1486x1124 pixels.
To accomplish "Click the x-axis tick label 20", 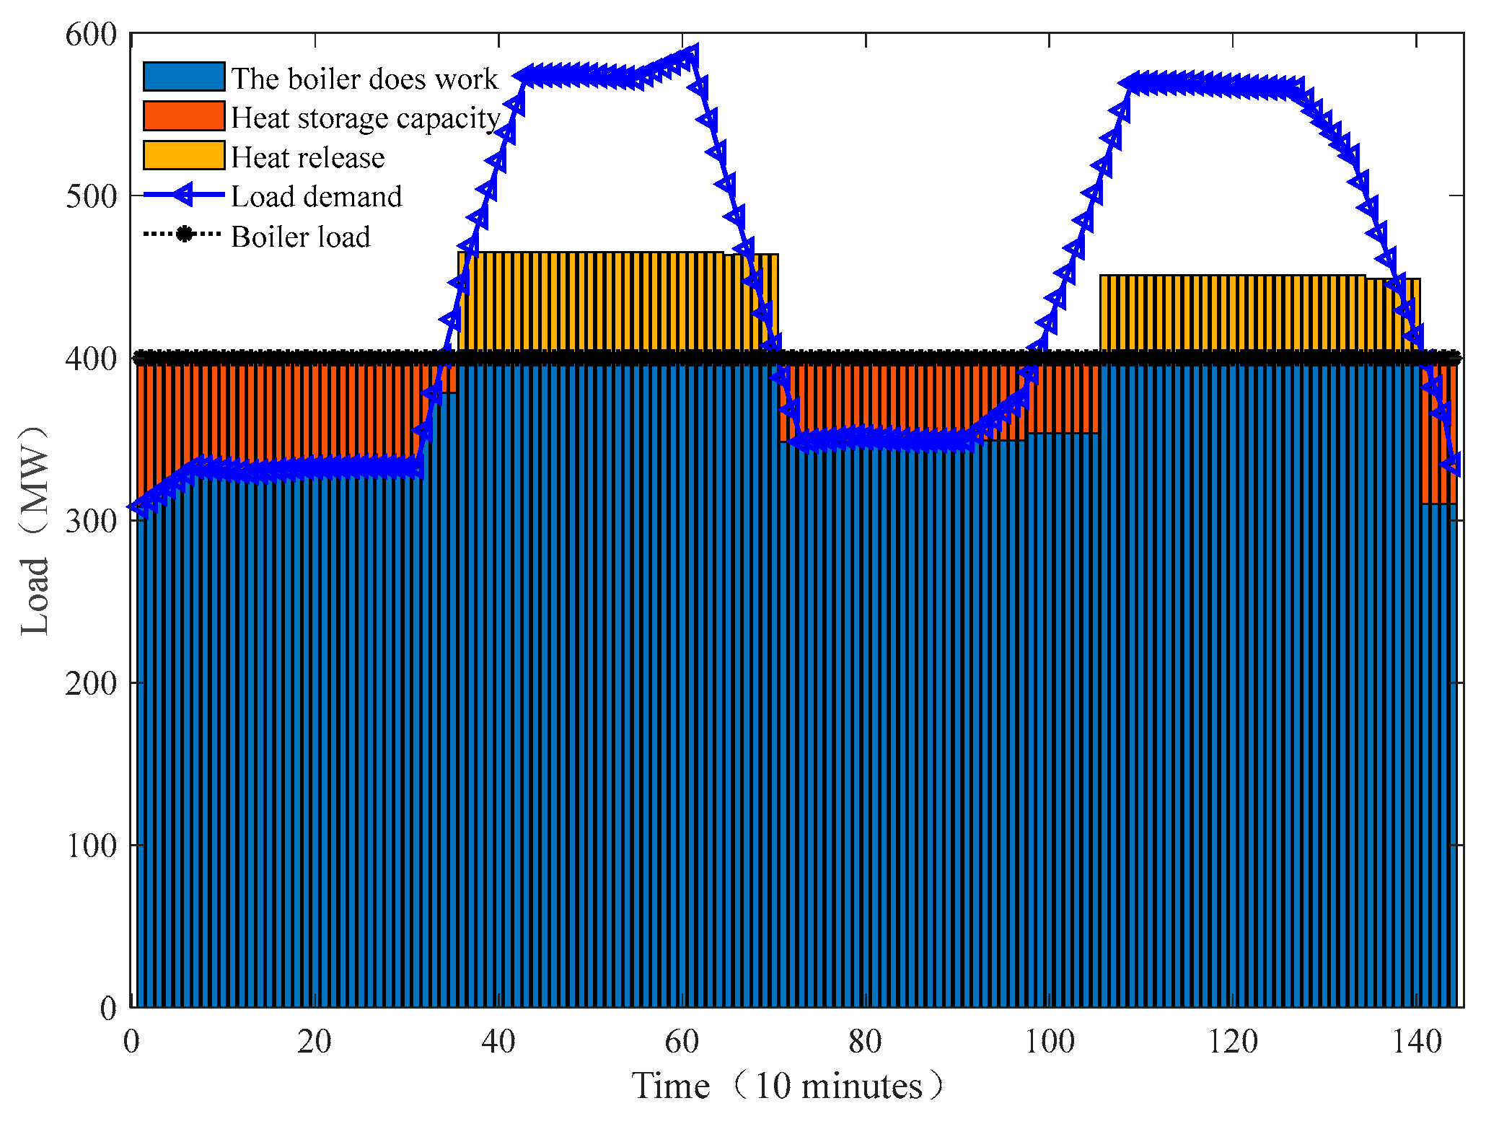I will pyautogui.click(x=315, y=1041).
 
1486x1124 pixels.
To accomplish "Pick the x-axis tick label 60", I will pyautogui.click(x=682, y=1041).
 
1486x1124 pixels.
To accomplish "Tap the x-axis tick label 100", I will pyautogui.click(x=1050, y=1041).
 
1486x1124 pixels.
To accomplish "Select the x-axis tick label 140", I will pyautogui.click(x=1417, y=1041).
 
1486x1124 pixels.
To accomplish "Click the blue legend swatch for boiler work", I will pyautogui.click(x=184, y=76).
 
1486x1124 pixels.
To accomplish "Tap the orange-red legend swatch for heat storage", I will pyautogui.click(x=184, y=116).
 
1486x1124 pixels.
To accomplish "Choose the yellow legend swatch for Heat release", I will pyautogui.click(x=184, y=155).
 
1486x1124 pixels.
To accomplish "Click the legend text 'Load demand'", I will pyautogui.click(x=316, y=196).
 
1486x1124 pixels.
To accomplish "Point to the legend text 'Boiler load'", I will pyautogui.click(x=300, y=237).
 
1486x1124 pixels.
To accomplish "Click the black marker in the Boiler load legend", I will pyautogui.click(x=185, y=234).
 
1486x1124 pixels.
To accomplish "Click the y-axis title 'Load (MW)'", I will pyautogui.click(x=35, y=530).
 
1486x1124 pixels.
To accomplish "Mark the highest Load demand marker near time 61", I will pyautogui.click(x=690, y=56).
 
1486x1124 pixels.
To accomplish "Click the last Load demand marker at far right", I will pyautogui.click(x=1451, y=464).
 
